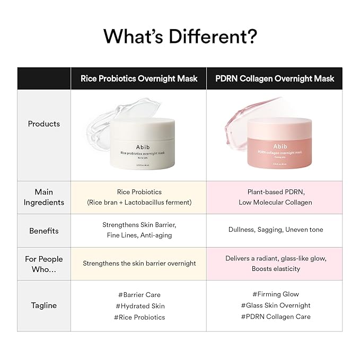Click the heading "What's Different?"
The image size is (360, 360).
point(180,36)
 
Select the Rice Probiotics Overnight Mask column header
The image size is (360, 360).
point(139,78)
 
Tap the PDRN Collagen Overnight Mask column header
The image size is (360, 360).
point(275,78)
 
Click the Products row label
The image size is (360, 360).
point(44,124)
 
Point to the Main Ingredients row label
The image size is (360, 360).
point(44,197)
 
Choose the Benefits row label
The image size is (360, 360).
point(44,231)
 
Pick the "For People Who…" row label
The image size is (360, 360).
point(44,264)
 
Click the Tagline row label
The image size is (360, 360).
point(44,305)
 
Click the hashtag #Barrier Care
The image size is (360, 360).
point(138,294)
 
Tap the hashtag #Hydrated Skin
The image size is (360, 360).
point(139,306)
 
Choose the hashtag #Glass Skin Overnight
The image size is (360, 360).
point(275,305)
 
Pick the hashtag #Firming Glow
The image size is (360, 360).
point(275,294)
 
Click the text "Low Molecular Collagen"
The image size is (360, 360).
point(275,202)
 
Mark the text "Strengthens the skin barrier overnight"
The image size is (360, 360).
point(139,263)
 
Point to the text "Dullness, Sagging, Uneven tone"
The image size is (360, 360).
point(275,230)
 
